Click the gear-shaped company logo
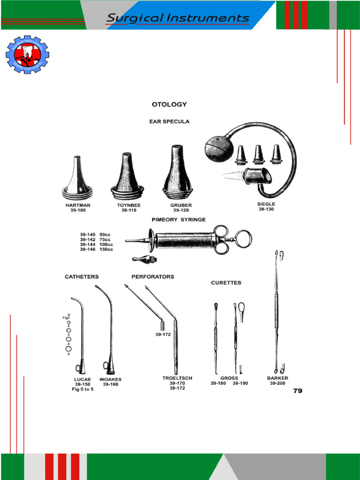point(27,55)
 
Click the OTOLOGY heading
point(169,105)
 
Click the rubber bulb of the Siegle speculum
point(218,150)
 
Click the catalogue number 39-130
point(266,209)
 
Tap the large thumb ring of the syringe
point(243,239)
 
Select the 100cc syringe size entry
point(96,244)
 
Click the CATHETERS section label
point(82,277)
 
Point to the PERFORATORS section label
point(152,277)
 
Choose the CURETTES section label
point(226,283)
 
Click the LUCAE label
point(82,379)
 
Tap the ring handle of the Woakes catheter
point(106,365)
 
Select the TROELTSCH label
point(177,378)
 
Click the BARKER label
point(277,378)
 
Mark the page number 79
point(298,390)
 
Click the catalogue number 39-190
point(240,383)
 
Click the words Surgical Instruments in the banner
point(178,18)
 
